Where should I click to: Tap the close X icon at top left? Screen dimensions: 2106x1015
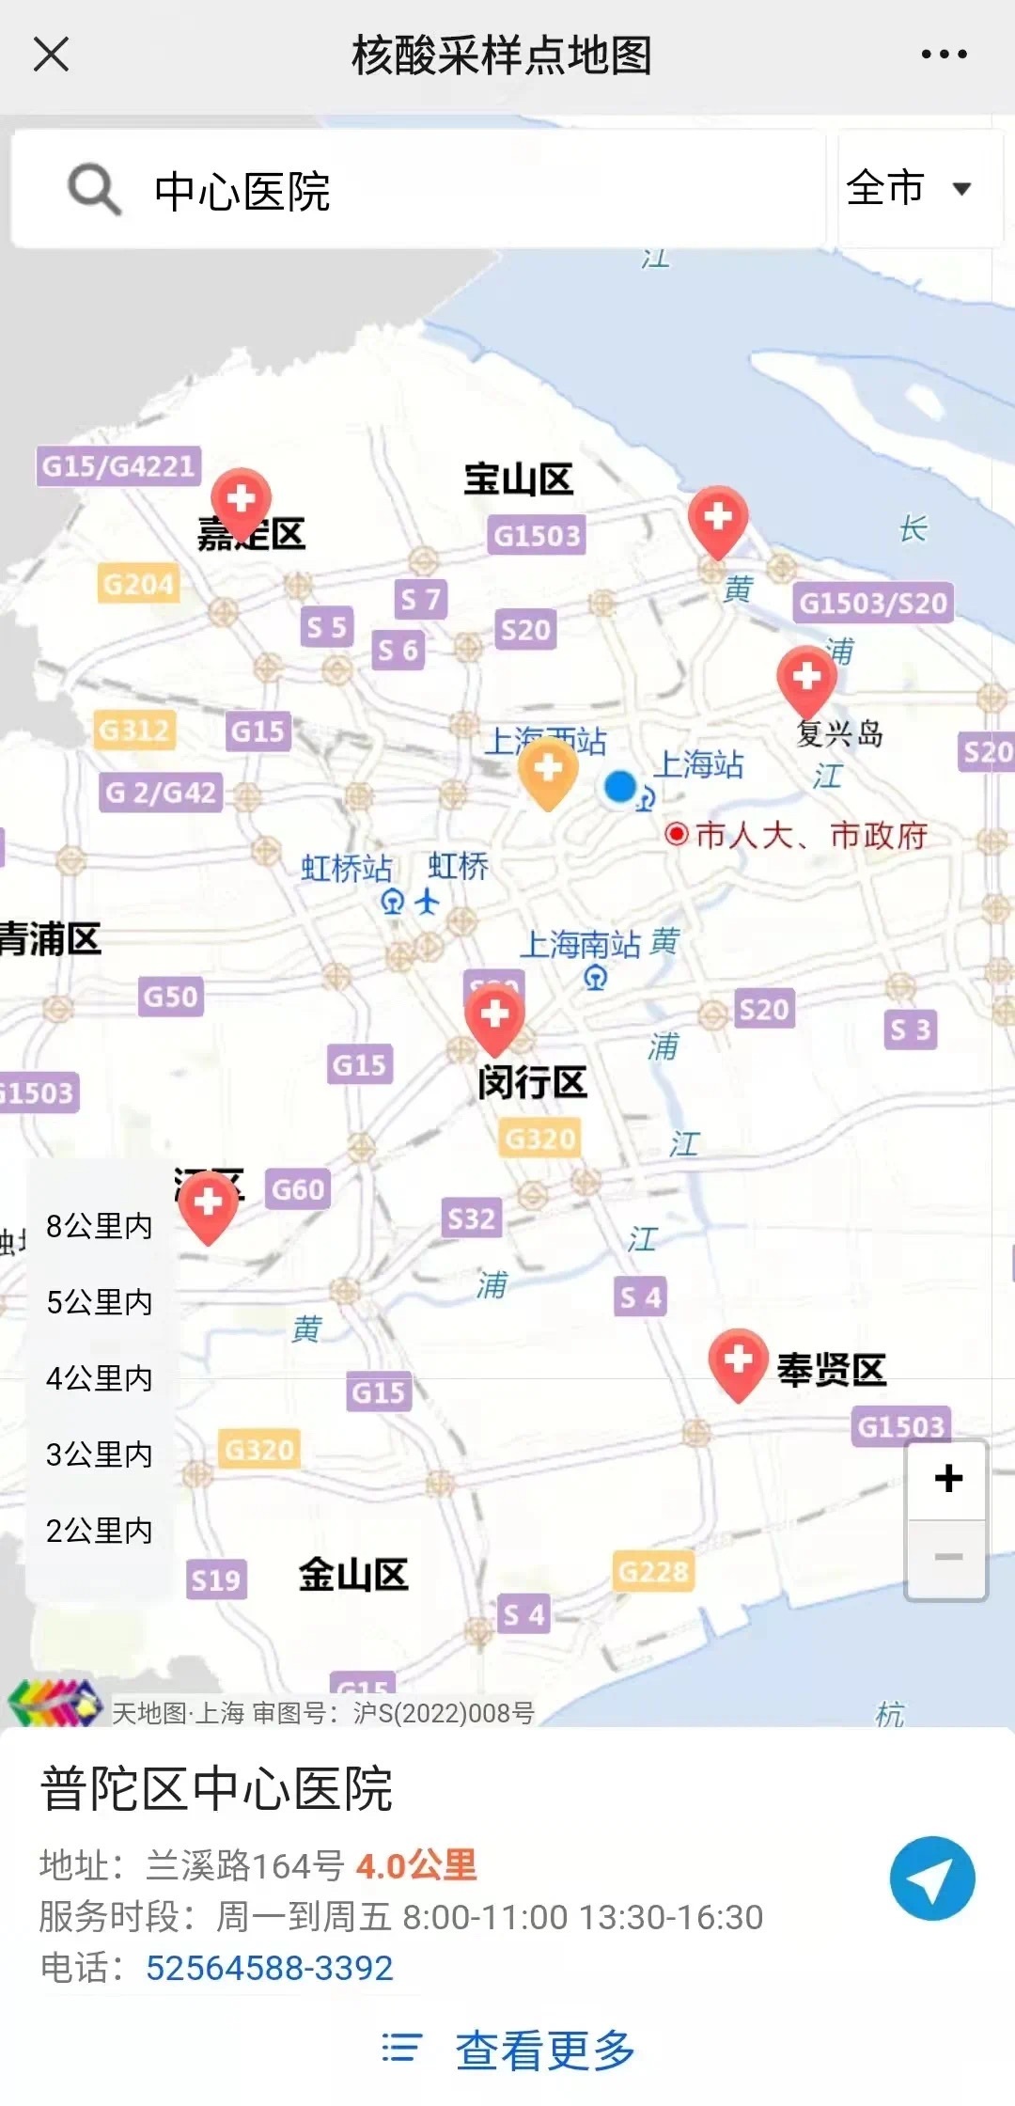point(51,54)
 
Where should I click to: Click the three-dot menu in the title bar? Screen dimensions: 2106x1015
point(944,55)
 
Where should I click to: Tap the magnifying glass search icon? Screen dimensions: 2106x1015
point(94,189)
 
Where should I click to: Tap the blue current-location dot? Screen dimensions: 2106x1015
point(620,786)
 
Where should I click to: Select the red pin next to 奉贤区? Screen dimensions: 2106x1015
point(738,1362)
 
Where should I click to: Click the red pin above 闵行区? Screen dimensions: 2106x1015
point(494,1019)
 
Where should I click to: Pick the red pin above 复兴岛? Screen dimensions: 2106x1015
point(806,680)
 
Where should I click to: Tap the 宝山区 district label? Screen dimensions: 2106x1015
point(518,479)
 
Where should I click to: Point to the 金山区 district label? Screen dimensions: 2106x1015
point(353,1574)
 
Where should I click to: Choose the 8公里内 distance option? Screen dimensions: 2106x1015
point(99,1226)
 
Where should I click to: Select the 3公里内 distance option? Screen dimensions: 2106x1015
point(99,1454)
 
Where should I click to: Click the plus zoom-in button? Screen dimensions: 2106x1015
point(947,1479)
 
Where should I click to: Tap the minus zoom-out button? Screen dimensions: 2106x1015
point(947,1557)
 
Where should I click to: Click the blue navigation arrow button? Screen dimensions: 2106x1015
point(932,1878)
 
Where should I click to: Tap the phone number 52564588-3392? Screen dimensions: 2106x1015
point(269,1968)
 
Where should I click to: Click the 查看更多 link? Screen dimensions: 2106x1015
point(545,2051)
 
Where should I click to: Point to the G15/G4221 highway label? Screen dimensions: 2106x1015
point(118,465)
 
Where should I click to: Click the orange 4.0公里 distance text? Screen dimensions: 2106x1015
point(416,1865)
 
